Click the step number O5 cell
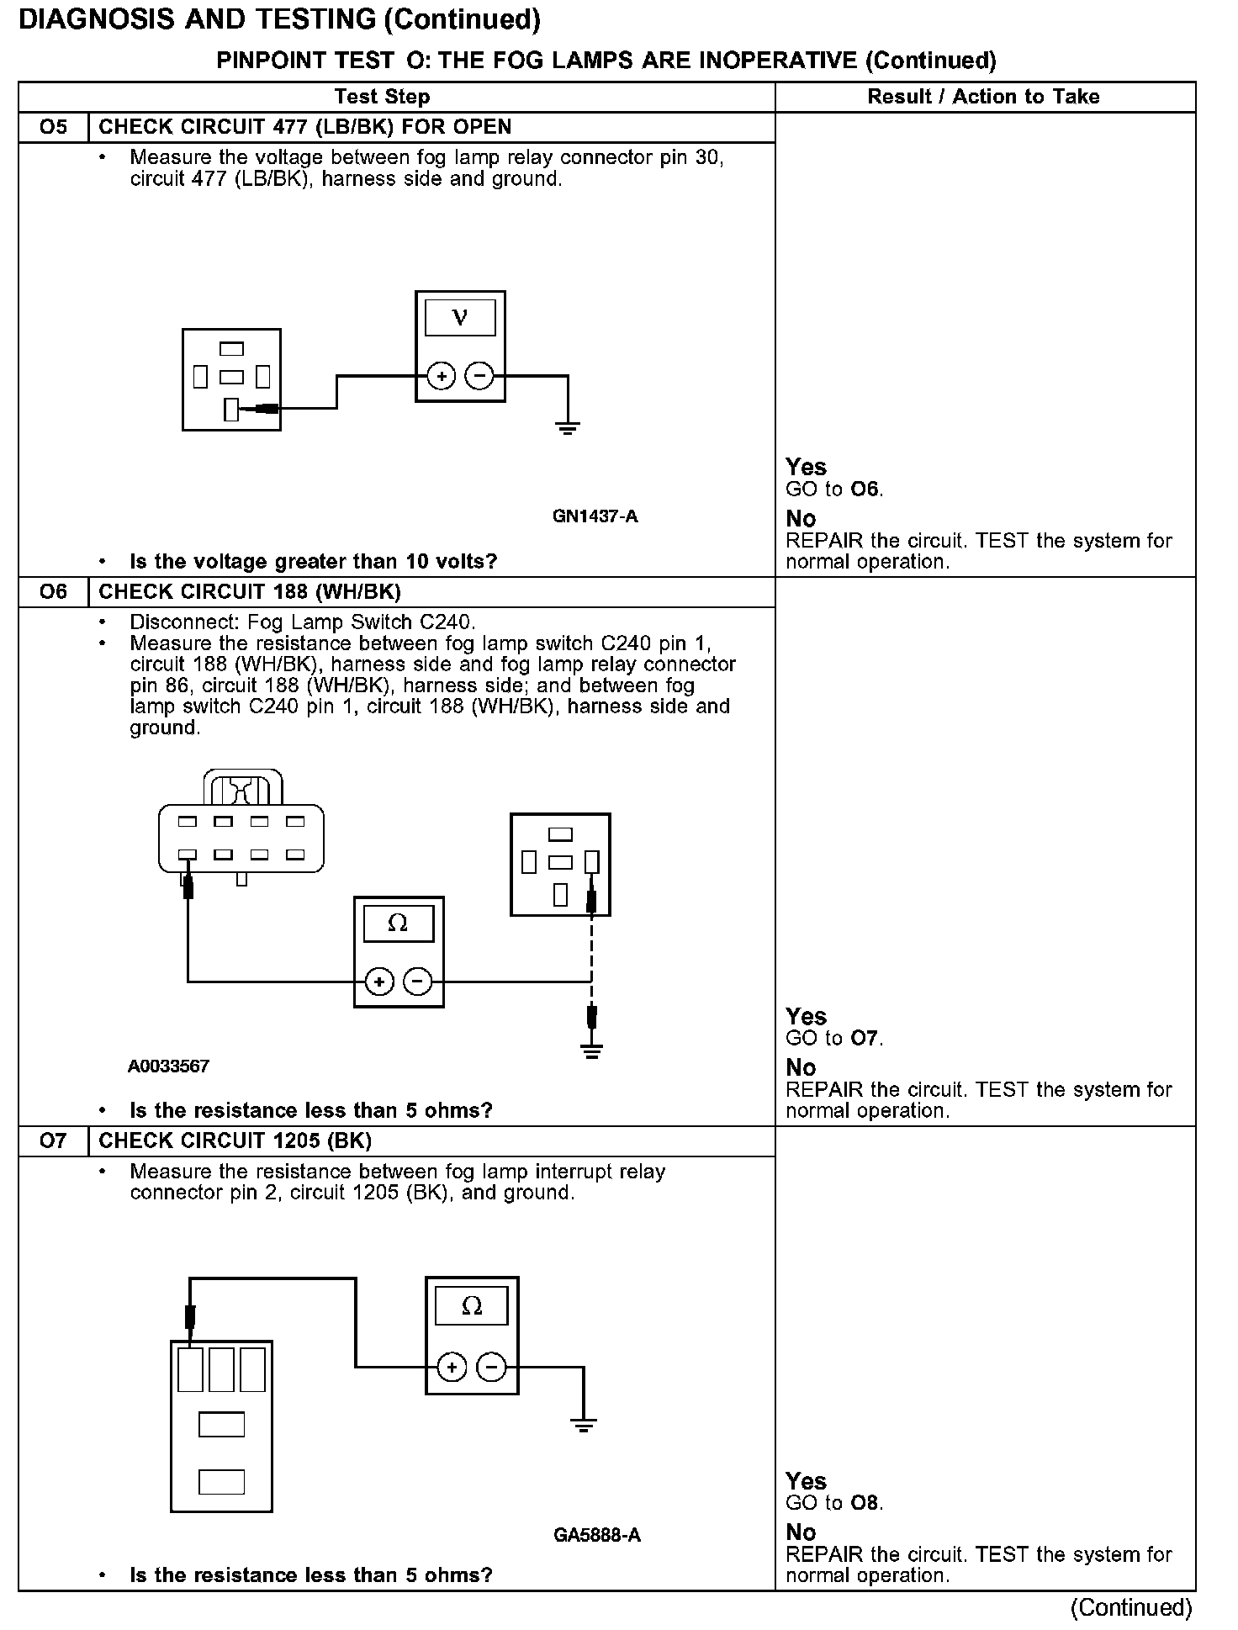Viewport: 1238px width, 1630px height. pyautogui.click(x=52, y=127)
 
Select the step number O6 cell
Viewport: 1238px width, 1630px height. pyautogui.click(x=52, y=592)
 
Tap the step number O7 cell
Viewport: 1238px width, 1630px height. pyautogui.click(x=52, y=1141)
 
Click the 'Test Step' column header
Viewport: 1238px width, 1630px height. pyautogui.click(x=382, y=97)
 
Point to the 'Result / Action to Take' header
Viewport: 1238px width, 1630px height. pyautogui.click(x=983, y=97)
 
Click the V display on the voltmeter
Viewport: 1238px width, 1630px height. pyautogui.click(x=460, y=317)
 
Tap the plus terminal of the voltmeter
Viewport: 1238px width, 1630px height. pyautogui.click(x=442, y=376)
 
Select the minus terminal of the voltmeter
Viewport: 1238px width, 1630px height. pyautogui.click(x=479, y=376)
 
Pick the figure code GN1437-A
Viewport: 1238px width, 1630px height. pyautogui.click(x=595, y=516)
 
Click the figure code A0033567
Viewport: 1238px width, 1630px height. pyautogui.click(x=168, y=1066)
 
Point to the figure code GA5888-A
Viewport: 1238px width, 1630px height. pyautogui.click(x=596, y=1536)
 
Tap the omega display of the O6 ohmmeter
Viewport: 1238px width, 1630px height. pyautogui.click(x=398, y=923)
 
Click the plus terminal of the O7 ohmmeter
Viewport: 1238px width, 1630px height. pyautogui.click(x=452, y=1368)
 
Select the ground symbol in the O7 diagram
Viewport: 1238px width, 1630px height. pyautogui.click(x=583, y=1424)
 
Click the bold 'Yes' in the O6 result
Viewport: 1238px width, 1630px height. pyautogui.click(x=806, y=1016)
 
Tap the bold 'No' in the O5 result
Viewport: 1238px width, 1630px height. pyautogui.click(x=801, y=519)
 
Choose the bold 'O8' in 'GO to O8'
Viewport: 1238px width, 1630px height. pyautogui.click(x=865, y=1503)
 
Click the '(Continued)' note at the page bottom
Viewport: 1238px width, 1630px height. pyautogui.click(x=1130, y=1608)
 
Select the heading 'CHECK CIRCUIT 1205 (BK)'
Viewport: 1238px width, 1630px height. pyautogui.click(x=235, y=1141)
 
